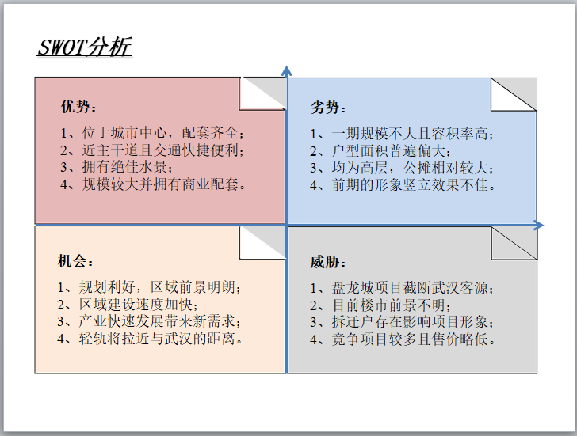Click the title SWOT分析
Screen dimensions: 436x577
(x=85, y=47)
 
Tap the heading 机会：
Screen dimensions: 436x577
(x=77, y=262)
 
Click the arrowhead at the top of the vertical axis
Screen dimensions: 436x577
(x=286, y=72)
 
